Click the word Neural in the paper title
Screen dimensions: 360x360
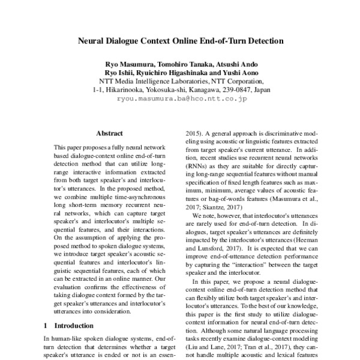[95, 43]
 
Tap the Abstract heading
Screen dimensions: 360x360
[110, 133]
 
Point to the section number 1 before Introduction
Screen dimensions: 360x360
[46, 326]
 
